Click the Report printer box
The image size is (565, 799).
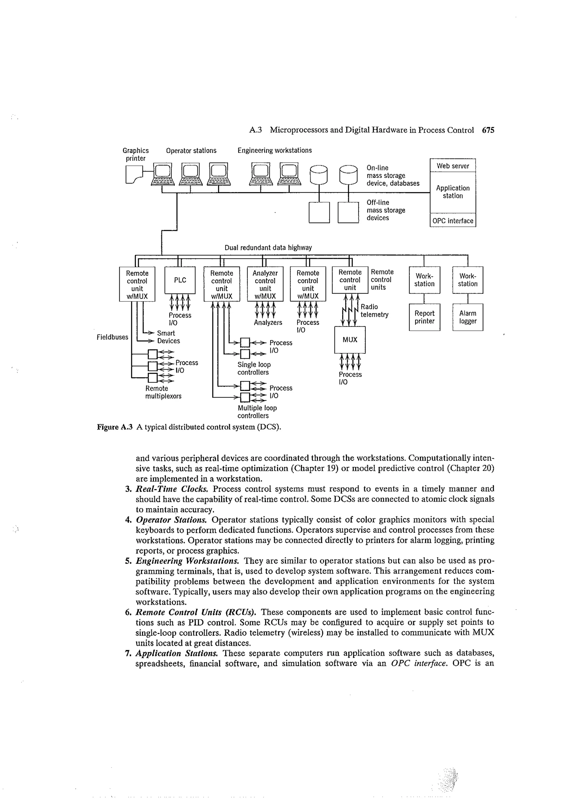tap(424, 317)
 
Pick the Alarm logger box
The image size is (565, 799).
tap(468, 317)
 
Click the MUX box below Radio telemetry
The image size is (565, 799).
tap(350, 339)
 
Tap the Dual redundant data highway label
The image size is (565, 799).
tap(268, 247)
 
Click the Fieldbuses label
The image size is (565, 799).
tap(112, 337)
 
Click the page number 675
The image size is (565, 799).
tap(488, 130)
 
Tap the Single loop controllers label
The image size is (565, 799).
tap(254, 368)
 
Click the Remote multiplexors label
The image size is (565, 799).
tap(163, 392)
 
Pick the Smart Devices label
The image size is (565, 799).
tap(168, 337)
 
